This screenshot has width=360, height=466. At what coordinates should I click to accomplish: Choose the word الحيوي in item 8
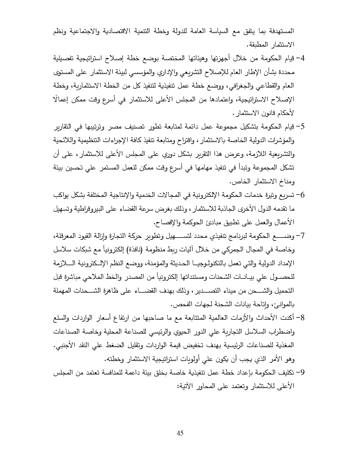(174, 332)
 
